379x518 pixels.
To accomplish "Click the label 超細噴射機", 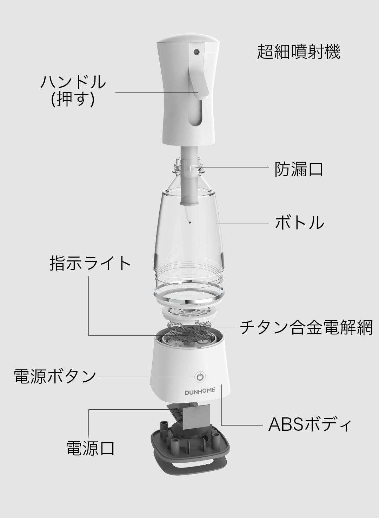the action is tap(299, 52).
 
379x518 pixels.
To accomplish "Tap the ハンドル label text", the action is tap(73, 82).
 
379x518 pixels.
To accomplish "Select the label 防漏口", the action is tap(299, 169).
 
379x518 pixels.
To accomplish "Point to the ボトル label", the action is tap(299, 222).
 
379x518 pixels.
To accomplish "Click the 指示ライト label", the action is tap(90, 263).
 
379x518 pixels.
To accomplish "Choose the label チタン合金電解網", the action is tap(306, 327).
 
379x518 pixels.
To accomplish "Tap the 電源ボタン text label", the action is tap(55, 376).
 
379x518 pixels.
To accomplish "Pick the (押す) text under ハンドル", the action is tap(73, 100).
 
